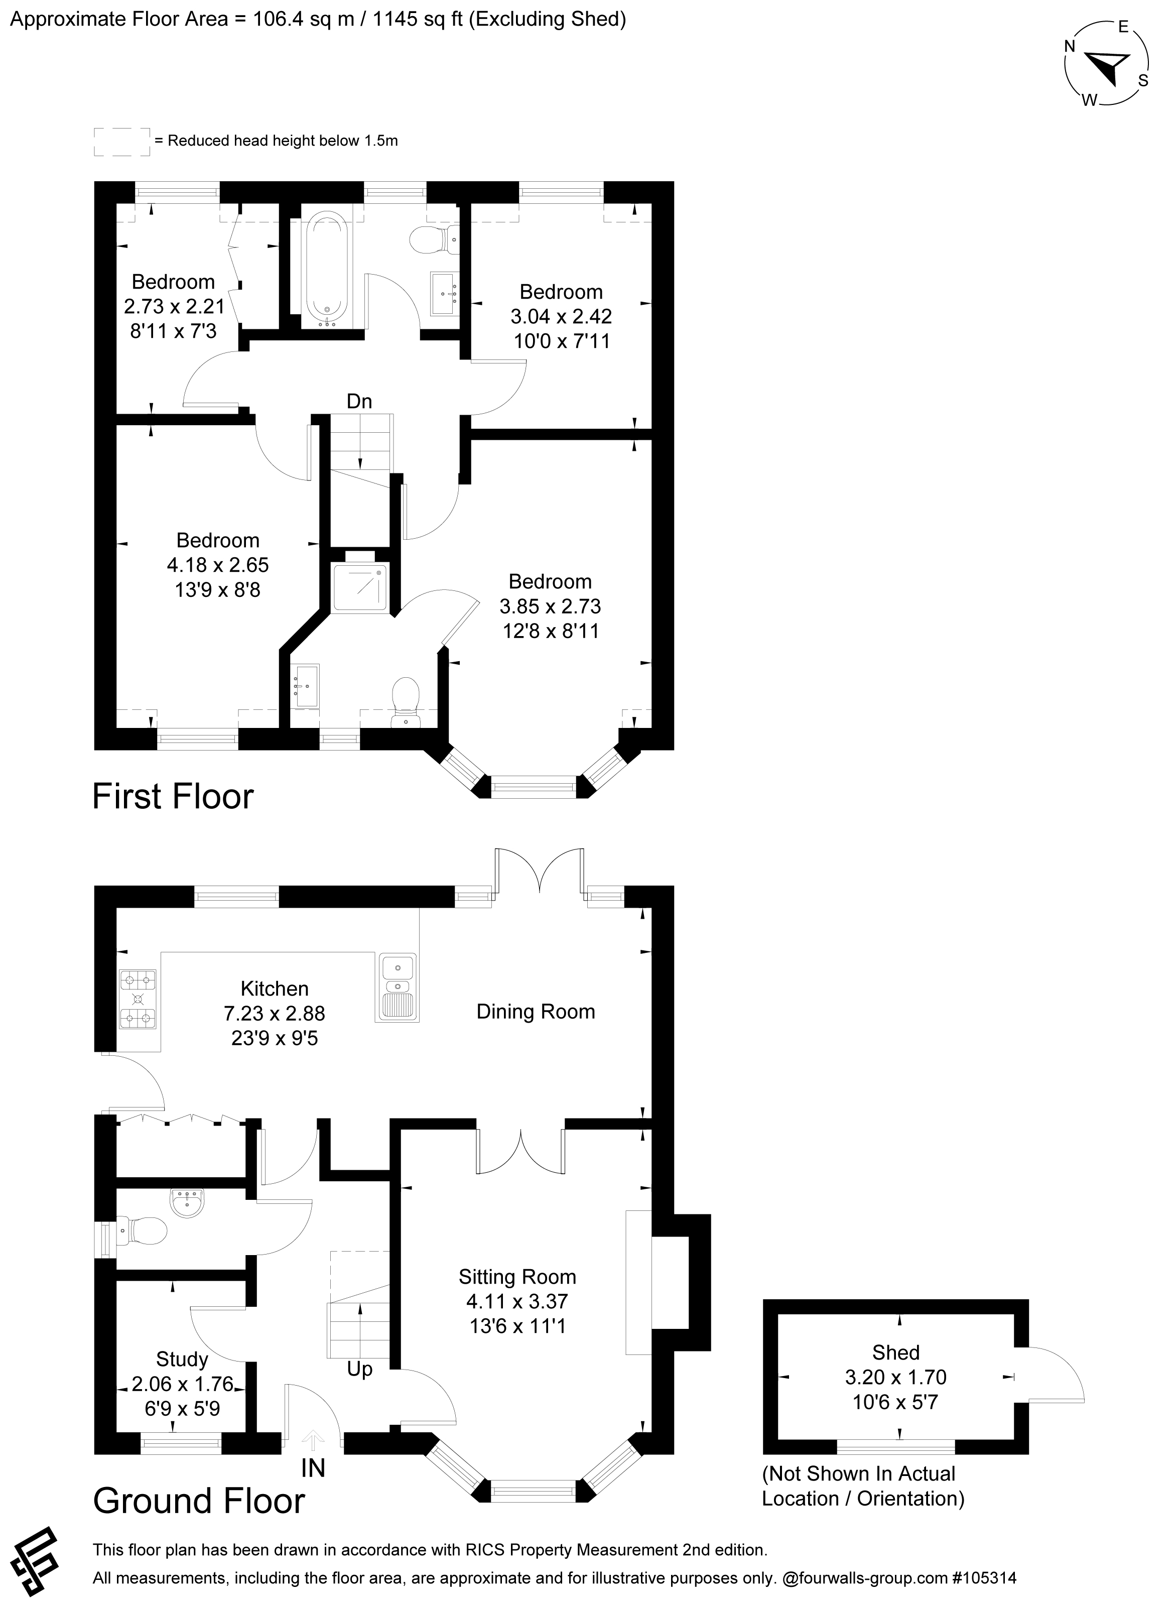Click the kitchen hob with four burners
coord(138,999)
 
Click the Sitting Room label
coord(517,1277)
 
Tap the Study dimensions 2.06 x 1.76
coord(182,1384)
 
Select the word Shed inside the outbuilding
coord(895,1352)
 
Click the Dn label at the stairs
coord(359,402)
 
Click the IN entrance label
coord(313,1468)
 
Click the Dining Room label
coord(536,1012)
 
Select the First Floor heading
coord(173,796)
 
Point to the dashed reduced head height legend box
coord(122,142)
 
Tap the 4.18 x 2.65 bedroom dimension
coord(218,565)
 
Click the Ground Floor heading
coord(199,1500)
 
